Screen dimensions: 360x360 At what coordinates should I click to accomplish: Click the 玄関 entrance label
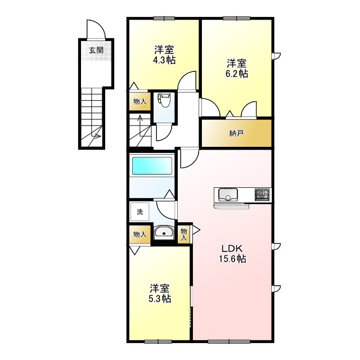pyautogui.click(x=96, y=49)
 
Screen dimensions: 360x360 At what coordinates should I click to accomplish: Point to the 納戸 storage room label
pyautogui.click(x=236, y=133)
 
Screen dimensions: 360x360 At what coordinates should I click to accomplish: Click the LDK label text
pyautogui.click(x=232, y=249)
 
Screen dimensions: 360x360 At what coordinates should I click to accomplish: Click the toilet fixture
pyautogui.click(x=164, y=101)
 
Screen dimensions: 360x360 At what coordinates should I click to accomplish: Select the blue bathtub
pyautogui.click(x=151, y=166)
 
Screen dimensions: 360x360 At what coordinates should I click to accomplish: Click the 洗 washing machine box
pyautogui.click(x=139, y=213)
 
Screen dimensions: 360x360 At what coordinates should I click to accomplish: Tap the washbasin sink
pyautogui.click(x=164, y=233)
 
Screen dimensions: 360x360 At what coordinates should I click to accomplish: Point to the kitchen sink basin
pyautogui.click(x=228, y=195)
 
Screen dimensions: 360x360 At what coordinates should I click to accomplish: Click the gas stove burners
pyautogui.click(x=262, y=195)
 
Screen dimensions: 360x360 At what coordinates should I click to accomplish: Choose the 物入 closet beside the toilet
pyautogui.click(x=139, y=101)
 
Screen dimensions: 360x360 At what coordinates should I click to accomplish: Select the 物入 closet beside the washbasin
pyautogui.click(x=139, y=234)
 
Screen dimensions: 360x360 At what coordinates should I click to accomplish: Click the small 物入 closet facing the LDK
pyautogui.click(x=183, y=233)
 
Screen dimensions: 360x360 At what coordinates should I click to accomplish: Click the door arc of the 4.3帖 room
pyautogui.click(x=188, y=81)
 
